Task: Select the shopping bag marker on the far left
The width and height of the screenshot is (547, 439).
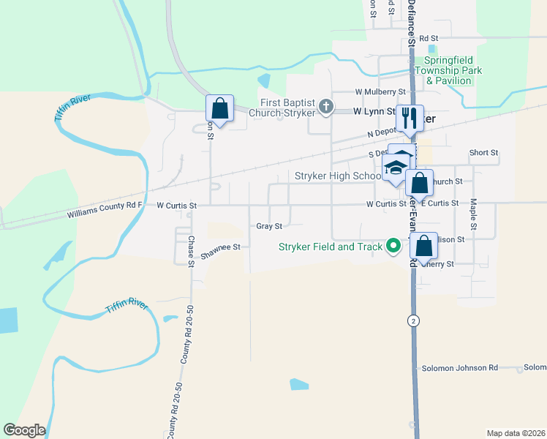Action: coord(219,109)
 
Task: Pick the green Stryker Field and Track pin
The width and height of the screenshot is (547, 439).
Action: coord(393,247)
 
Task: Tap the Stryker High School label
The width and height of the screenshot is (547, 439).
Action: coord(337,176)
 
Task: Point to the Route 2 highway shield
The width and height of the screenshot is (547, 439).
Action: coord(415,320)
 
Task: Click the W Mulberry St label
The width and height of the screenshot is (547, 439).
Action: coord(380,92)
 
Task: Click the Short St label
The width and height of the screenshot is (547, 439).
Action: coord(484,153)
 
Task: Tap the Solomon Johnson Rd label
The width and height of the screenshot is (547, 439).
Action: coord(459,367)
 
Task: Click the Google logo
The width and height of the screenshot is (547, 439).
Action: coord(24,430)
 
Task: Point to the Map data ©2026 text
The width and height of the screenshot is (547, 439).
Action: coord(515,433)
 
